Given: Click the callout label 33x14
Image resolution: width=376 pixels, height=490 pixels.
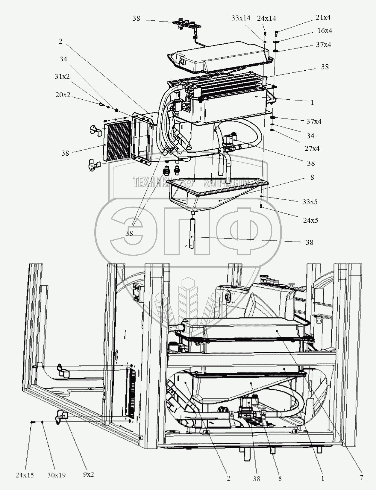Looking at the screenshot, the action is pyautogui.click(x=241, y=18).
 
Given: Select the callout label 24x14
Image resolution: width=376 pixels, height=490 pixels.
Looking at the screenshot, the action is pyautogui.click(x=266, y=18).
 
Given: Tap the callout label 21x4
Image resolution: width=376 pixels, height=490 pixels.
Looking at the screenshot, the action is pyautogui.click(x=323, y=17).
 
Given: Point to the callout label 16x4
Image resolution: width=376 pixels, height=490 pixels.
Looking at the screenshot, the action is pyautogui.click(x=325, y=31).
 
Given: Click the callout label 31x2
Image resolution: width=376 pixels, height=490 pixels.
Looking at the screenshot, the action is pyautogui.click(x=62, y=77).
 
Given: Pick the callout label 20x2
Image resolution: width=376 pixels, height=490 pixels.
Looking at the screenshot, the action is pyautogui.click(x=63, y=95).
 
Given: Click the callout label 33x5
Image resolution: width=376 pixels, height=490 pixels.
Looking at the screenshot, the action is pyautogui.click(x=310, y=202).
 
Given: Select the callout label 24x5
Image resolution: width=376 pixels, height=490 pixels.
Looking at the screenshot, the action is pyautogui.click(x=310, y=221).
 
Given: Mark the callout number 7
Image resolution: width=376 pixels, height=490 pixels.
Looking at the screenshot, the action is pyautogui.click(x=361, y=478).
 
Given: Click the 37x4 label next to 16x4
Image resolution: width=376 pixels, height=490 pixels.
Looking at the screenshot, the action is pyautogui.click(x=324, y=45).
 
